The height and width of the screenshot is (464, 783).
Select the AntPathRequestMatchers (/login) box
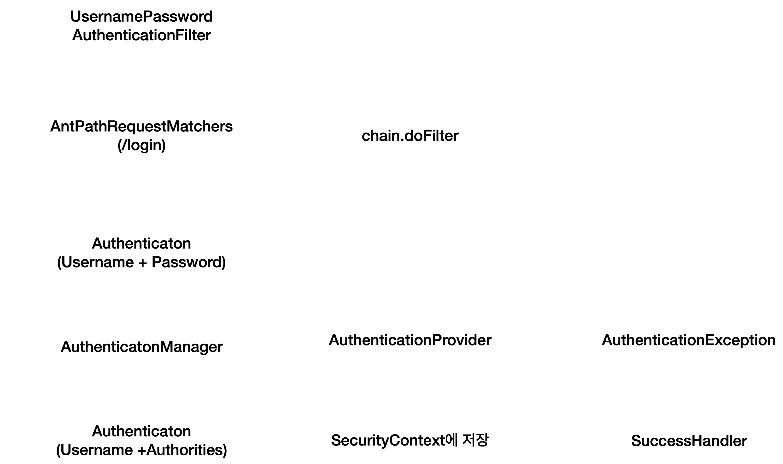pos(141,135)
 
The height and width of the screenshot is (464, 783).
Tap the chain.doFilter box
pos(410,135)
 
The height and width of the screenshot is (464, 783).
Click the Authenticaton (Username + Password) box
pos(141,252)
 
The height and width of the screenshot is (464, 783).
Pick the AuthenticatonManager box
pos(141,346)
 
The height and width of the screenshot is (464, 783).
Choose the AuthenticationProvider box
pos(410,339)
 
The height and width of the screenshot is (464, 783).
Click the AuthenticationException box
pos(689,339)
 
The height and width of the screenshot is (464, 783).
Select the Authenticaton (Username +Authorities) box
pos(141,440)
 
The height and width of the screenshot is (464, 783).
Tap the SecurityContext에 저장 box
pos(410,440)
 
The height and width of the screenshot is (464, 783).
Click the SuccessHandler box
pos(689,440)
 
